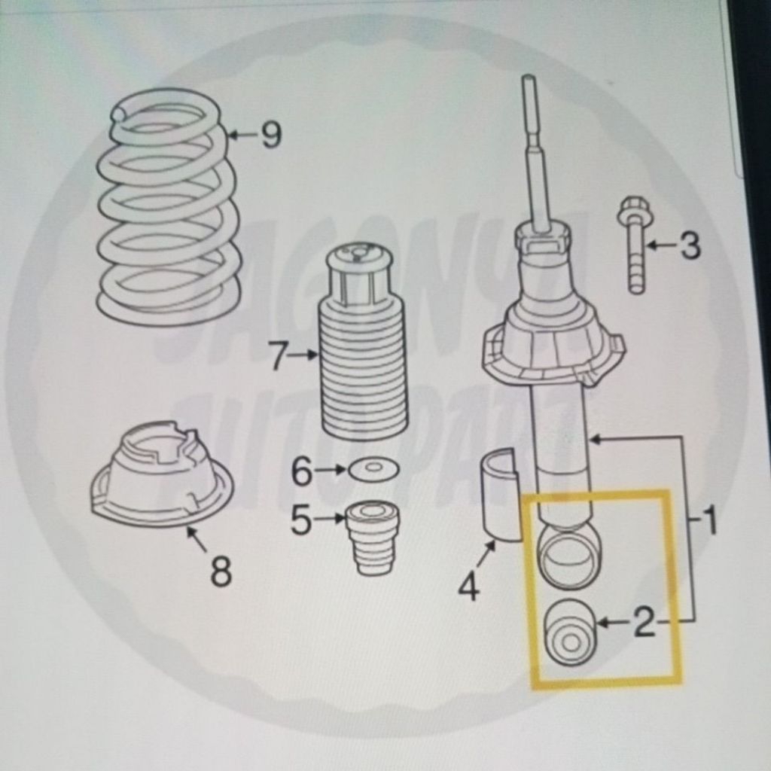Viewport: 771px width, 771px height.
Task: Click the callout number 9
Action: point(271,136)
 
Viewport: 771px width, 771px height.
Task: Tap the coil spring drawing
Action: point(167,207)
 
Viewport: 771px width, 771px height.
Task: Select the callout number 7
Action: point(278,355)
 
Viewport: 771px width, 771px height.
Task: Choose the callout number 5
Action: point(301,520)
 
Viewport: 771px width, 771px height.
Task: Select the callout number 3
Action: point(690,245)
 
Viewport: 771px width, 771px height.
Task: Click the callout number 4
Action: point(468,586)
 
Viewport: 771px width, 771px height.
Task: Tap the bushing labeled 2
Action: point(571,632)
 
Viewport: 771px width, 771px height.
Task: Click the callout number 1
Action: point(709,520)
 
